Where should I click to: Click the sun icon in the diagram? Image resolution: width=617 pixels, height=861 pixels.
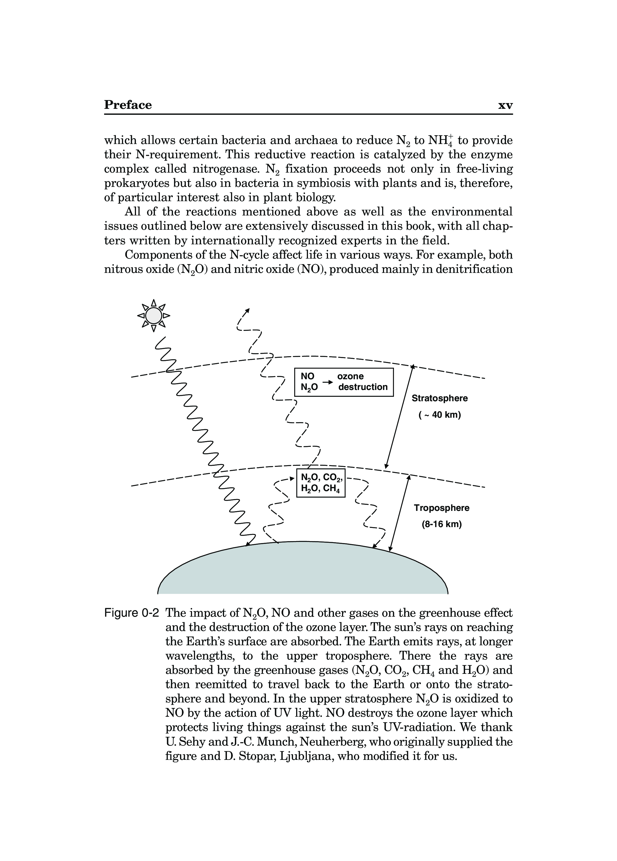tap(153, 315)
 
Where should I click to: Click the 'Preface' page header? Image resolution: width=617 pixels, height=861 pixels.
tap(128, 105)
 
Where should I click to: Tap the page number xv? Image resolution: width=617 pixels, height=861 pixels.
tap(505, 106)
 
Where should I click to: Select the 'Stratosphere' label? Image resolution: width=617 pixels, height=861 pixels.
tap(440, 398)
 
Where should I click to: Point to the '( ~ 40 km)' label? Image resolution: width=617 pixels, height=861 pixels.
tap(440, 415)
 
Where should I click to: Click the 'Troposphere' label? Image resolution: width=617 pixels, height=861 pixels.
tap(441, 508)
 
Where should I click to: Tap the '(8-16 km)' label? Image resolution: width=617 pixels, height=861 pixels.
tap(441, 524)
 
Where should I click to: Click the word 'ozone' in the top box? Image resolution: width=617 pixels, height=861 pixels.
tap(350, 376)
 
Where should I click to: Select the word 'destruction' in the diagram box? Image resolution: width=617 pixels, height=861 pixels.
tap(363, 387)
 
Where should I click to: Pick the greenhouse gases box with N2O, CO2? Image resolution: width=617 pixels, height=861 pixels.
tap(321, 483)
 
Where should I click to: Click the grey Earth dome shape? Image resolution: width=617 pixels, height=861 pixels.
tap(303, 569)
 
